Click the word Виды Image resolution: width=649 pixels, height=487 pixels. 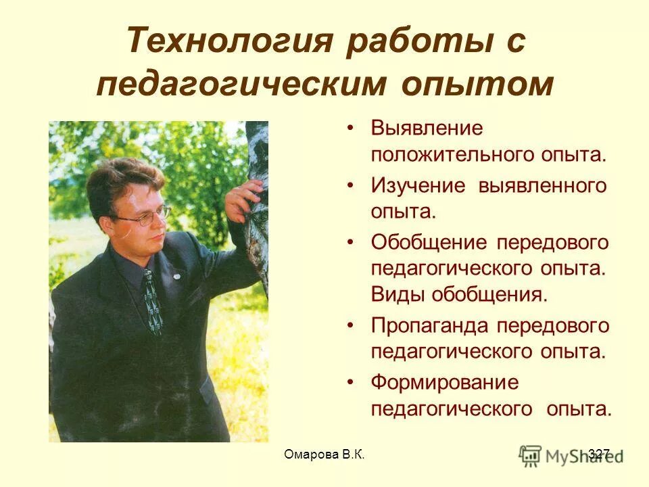point(396,294)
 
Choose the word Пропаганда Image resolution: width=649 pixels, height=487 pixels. point(430,326)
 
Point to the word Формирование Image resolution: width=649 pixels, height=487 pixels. point(445,383)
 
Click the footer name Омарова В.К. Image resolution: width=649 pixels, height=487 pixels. point(324,454)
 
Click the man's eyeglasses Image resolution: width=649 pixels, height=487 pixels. point(145,218)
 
